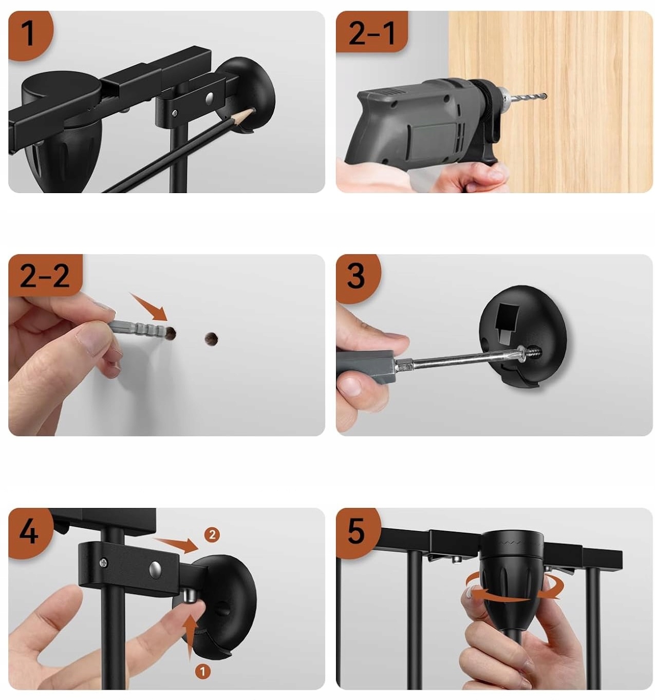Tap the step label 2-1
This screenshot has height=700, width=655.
point(371,33)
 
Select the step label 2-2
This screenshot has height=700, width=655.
point(45,275)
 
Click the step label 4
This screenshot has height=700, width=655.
point(29,530)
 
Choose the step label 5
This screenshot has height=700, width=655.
point(355,530)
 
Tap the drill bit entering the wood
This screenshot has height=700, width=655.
point(527,98)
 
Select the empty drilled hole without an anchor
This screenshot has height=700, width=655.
point(211,338)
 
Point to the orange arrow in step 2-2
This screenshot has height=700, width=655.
point(148,306)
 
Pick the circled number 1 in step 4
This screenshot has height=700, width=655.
point(202,671)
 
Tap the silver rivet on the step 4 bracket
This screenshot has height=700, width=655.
point(155,568)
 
